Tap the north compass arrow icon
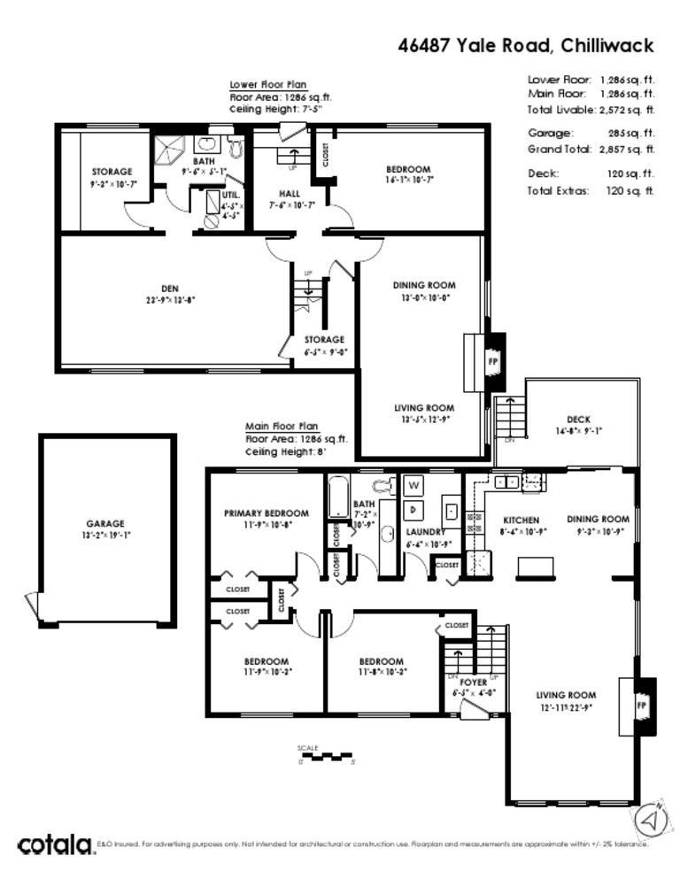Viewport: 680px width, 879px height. [x=651, y=821]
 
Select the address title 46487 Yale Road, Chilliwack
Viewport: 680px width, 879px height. [x=525, y=46]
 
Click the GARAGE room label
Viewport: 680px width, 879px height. [x=105, y=523]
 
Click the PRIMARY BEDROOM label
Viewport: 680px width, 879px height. [x=266, y=513]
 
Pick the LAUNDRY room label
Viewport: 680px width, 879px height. [x=423, y=532]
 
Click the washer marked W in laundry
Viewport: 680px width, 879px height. [x=413, y=485]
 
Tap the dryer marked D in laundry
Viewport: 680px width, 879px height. [x=413, y=510]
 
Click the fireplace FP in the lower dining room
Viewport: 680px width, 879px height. [x=492, y=362]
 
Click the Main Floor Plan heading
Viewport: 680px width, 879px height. [x=282, y=426]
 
